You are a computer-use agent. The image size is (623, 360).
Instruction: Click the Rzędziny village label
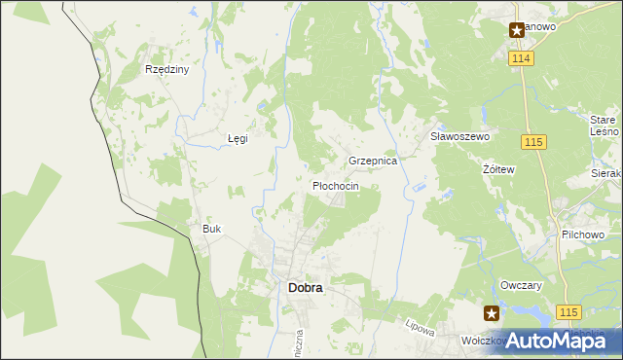point(166,70)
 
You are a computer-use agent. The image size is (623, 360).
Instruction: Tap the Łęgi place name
point(238,138)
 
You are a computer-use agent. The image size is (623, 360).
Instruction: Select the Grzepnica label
point(373,161)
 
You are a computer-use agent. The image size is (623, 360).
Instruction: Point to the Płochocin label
point(336,186)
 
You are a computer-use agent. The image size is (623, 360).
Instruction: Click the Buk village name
point(211,229)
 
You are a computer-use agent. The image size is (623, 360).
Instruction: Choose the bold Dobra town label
point(306,288)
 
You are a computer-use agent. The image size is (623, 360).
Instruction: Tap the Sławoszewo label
point(459,137)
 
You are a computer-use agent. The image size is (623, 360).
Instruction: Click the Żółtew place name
point(498,168)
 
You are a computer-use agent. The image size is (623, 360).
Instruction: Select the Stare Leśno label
point(605,125)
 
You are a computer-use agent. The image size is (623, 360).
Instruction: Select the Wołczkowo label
point(483,342)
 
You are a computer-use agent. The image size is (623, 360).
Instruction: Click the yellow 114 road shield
point(520,59)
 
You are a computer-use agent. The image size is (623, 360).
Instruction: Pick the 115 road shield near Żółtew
point(531,143)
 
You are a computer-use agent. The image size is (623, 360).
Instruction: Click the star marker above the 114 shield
point(517,30)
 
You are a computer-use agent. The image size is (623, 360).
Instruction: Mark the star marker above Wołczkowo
point(492,313)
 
